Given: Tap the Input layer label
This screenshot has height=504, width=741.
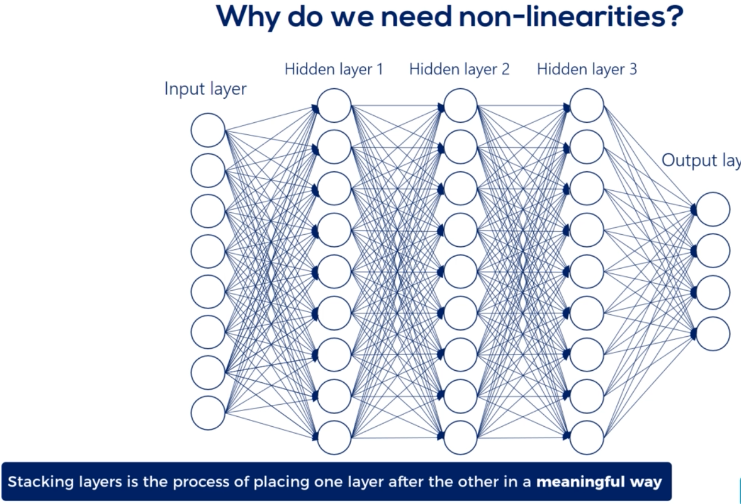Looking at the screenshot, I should pyautogui.click(x=205, y=89).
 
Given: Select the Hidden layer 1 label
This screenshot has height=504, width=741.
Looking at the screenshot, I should pyautogui.click(x=334, y=70).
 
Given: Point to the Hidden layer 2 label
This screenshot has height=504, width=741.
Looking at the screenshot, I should pyautogui.click(x=459, y=70).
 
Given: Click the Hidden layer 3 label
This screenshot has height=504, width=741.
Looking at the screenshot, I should pyautogui.click(x=587, y=70).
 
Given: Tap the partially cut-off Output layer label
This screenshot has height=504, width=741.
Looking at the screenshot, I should pyautogui.click(x=701, y=160).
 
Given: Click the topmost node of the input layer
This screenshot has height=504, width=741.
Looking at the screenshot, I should pyautogui.click(x=208, y=130).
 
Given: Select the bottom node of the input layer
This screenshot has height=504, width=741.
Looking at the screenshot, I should pyautogui.click(x=208, y=413).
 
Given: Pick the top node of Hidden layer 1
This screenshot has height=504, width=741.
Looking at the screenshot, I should pyautogui.click(x=334, y=106).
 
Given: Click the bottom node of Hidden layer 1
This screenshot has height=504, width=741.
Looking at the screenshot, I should pyautogui.click(x=334, y=438).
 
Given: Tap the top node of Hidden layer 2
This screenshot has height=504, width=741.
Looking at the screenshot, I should pyautogui.click(x=461, y=106).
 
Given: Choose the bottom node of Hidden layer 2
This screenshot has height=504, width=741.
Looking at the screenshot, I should pyautogui.click(x=461, y=438).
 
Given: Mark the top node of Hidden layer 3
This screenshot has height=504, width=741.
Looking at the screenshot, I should pyautogui.click(x=587, y=106).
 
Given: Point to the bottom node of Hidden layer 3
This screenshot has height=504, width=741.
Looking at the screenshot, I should pyautogui.click(x=587, y=438).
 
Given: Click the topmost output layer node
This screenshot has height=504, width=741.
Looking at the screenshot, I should pyautogui.click(x=713, y=209).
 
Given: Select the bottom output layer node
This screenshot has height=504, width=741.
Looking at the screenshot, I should pyautogui.click(x=713, y=334).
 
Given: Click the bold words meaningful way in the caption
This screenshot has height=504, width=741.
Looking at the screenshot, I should pyautogui.click(x=599, y=482).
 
